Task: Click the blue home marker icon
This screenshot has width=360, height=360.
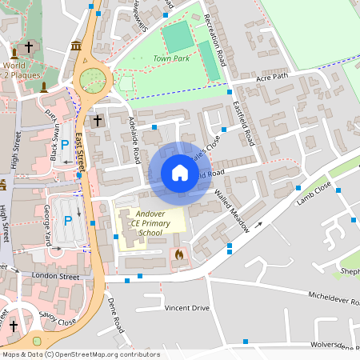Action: pos(179,172)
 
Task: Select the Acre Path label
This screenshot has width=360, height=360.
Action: pos(270,78)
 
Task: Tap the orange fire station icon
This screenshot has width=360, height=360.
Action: pos(178,254)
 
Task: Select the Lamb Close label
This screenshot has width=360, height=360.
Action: pos(314,199)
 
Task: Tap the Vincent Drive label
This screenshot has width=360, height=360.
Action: pos(186,308)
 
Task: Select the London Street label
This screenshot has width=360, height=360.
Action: pos(56,276)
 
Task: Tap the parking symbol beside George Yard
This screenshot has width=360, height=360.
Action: pos(68,220)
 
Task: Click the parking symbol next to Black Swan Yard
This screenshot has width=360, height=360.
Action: pos(65,147)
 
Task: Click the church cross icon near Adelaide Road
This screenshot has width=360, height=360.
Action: pos(98,121)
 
